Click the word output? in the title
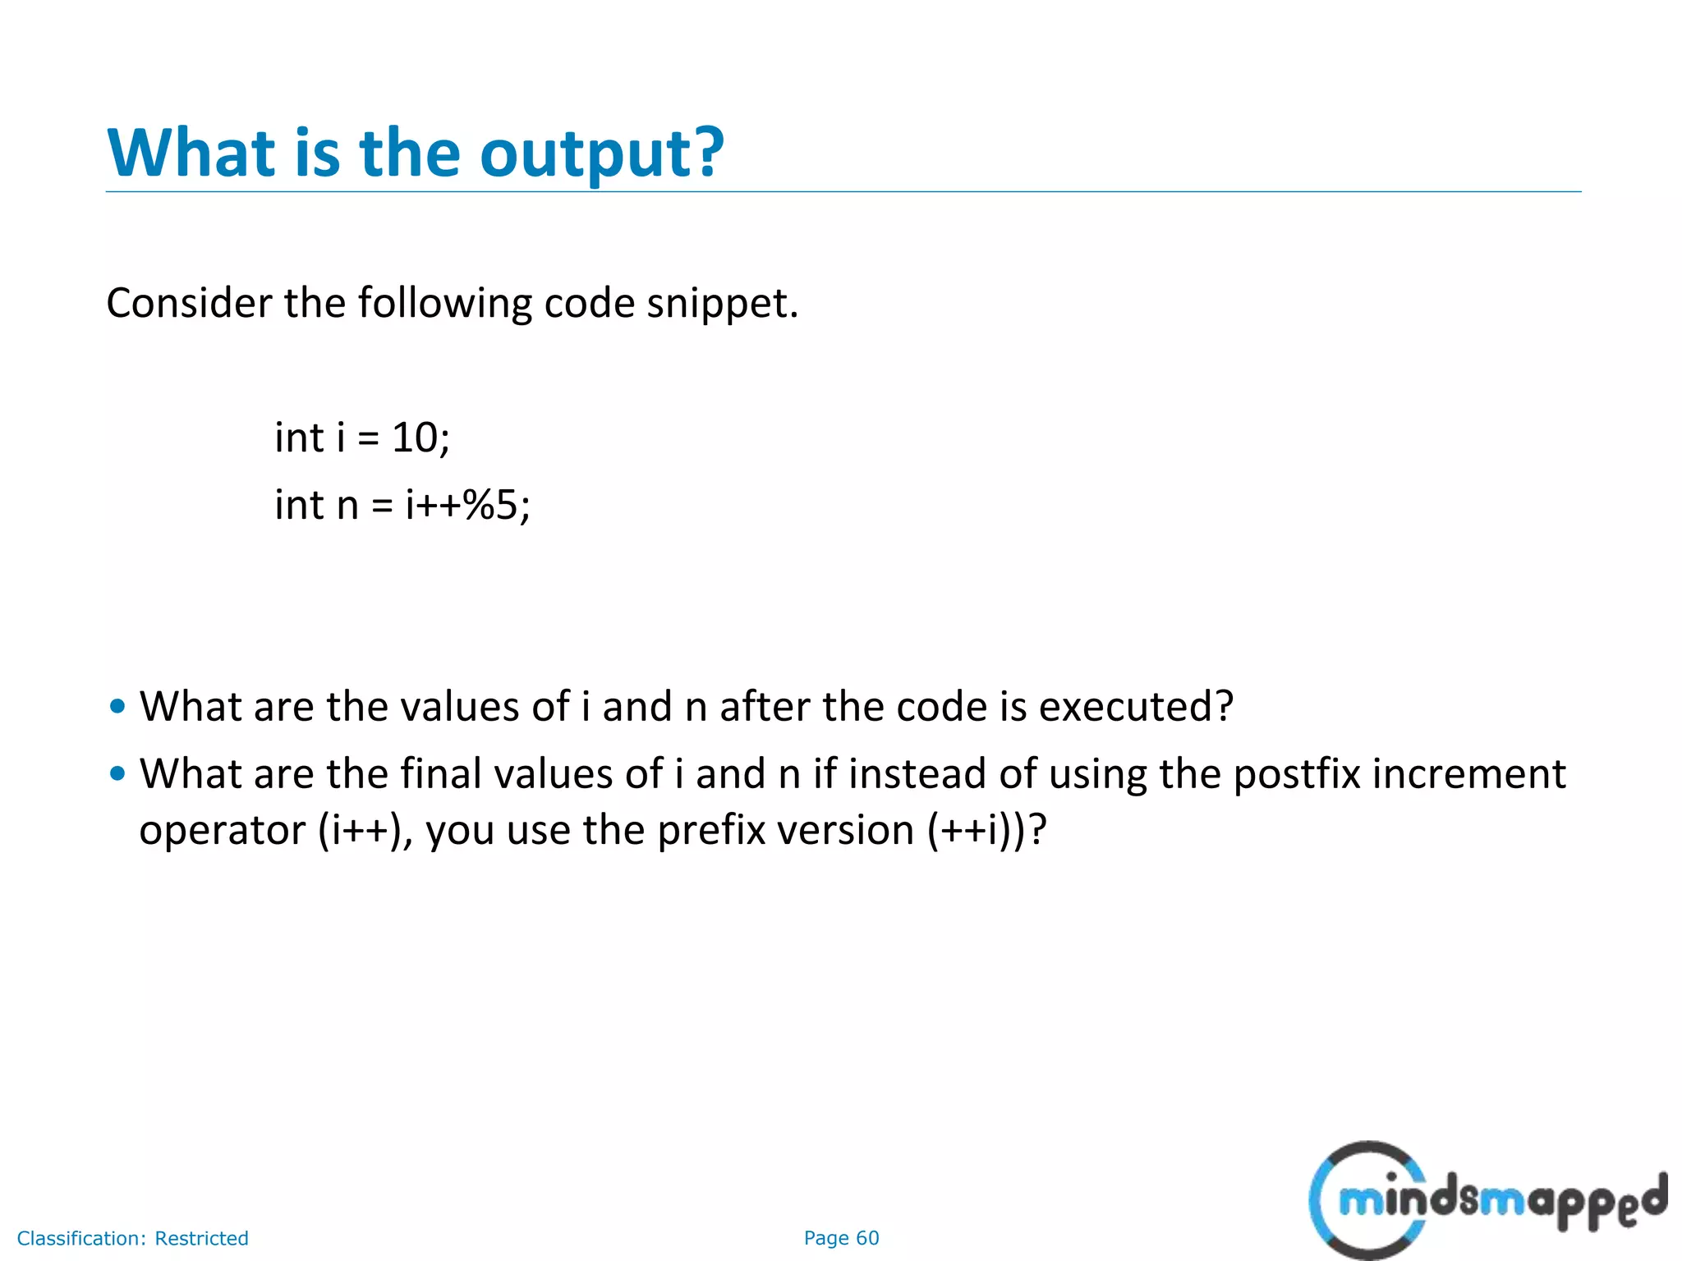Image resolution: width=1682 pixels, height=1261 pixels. tap(601, 154)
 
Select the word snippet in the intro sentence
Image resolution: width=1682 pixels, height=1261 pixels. tap(721, 304)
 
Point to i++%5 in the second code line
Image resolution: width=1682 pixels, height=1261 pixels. tap(467, 505)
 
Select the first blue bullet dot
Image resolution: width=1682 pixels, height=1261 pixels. tap(117, 706)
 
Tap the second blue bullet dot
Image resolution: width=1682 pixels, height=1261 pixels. tap(117, 773)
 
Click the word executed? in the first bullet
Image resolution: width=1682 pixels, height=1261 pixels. tap(1136, 707)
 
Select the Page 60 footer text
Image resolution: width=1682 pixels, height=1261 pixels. tap(841, 1238)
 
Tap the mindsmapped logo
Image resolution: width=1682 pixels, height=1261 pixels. tap(1487, 1199)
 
